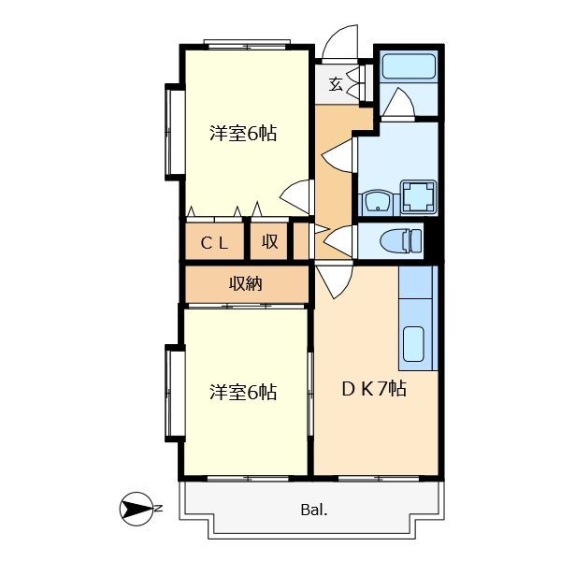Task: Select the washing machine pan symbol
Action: tap(418, 196)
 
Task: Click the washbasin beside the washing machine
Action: tap(378, 204)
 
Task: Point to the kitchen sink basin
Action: tap(413, 344)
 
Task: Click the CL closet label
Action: tap(214, 243)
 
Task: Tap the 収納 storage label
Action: tap(245, 284)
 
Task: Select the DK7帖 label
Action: tap(374, 389)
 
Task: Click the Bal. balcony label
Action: tap(314, 510)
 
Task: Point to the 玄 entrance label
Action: tap(336, 85)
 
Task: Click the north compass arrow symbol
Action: tap(137, 509)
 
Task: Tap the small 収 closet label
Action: tap(270, 242)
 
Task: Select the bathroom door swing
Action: tap(398, 102)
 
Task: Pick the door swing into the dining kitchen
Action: tap(334, 280)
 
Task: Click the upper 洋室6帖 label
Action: tap(243, 134)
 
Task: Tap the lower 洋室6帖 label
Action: tap(243, 392)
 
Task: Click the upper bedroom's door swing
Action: tap(295, 196)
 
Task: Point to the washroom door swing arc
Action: tap(338, 155)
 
